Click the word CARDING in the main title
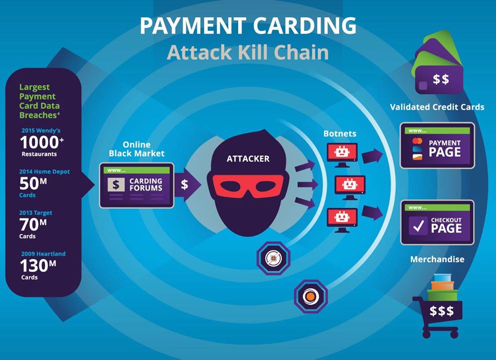[305, 26]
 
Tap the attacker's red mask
[248, 186]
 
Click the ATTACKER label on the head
[248, 158]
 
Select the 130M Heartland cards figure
[38, 265]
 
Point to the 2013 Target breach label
[36, 212]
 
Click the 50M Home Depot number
[33, 183]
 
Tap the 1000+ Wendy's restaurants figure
[42, 142]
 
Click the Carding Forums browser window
[137, 185]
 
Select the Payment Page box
[437, 145]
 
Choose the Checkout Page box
[437, 222]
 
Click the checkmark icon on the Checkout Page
[418, 225]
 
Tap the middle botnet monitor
[350, 187]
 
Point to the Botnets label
[340, 133]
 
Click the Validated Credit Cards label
[437, 107]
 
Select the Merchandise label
[437, 259]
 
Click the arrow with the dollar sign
[187, 184]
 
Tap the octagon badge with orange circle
[310, 296]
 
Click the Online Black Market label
[137, 149]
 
